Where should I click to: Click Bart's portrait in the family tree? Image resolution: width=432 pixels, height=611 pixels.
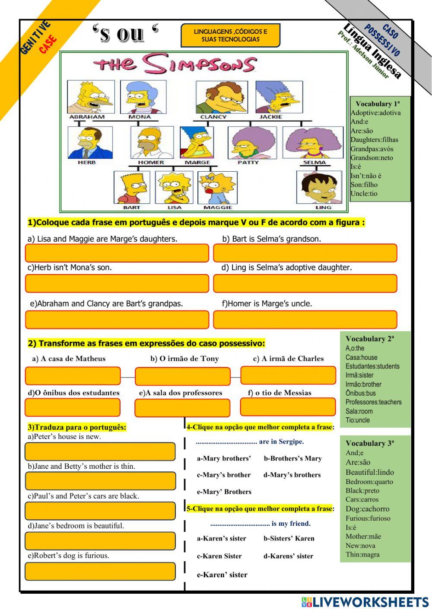click(132, 187)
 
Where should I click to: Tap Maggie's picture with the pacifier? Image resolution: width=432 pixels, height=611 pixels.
click(217, 187)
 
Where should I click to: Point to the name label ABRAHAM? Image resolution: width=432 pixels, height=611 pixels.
click(87, 117)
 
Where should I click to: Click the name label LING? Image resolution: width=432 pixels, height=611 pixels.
click(323, 208)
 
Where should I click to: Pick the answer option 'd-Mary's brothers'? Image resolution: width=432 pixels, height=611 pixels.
click(292, 475)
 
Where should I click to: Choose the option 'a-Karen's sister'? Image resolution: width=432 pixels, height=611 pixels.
click(222, 538)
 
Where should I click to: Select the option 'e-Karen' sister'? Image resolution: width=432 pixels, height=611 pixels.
click(222, 575)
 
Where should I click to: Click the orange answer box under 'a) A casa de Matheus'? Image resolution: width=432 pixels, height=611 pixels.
click(73, 376)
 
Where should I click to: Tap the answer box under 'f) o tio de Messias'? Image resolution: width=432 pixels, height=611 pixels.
click(288, 407)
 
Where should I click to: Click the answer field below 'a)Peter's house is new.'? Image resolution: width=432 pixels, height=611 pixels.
click(100, 451)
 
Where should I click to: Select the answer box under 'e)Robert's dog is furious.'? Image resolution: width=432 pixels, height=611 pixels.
click(100, 571)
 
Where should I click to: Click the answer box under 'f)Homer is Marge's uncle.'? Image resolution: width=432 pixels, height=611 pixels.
click(305, 320)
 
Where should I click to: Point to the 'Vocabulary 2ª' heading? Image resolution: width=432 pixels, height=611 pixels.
click(370, 339)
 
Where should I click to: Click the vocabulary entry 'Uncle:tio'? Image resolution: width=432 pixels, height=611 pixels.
click(364, 194)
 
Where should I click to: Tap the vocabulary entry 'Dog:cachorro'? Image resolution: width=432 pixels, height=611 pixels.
click(367, 509)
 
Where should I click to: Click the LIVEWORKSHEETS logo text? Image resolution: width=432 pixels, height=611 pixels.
click(370, 602)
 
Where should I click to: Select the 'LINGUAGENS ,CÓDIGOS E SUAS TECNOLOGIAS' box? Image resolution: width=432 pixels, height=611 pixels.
click(231, 35)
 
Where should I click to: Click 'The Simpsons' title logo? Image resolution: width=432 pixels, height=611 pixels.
click(175, 65)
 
